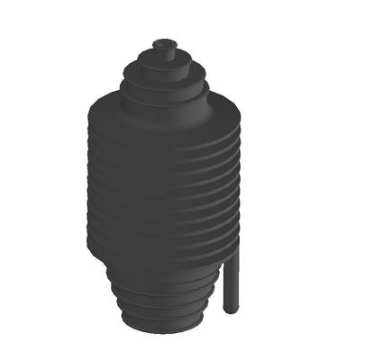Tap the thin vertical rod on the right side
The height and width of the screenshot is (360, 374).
232,279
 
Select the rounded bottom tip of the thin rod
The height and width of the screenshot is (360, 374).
232,309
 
